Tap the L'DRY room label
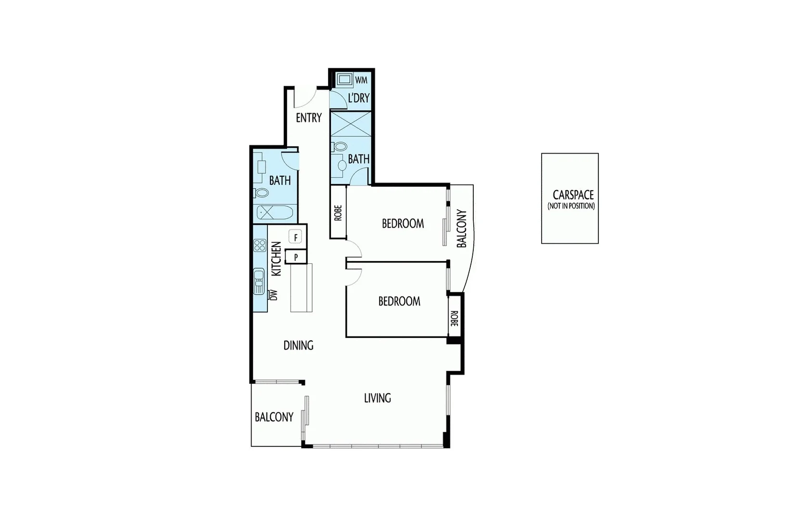click(x=359, y=98)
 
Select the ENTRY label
click(x=308, y=117)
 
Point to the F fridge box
click(x=295, y=237)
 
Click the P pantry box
click(x=296, y=257)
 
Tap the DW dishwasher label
click(x=274, y=295)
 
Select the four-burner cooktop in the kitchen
click(x=260, y=246)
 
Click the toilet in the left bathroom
click(x=262, y=193)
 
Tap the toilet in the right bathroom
click(x=341, y=146)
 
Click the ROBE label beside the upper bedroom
click(x=338, y=213)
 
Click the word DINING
click(x=298, y=345)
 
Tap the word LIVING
click(x=377, y=398)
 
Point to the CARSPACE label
click(x=573, y=195)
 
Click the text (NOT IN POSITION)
click(x=571, y=206)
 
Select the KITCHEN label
click(x=277, y=259)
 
